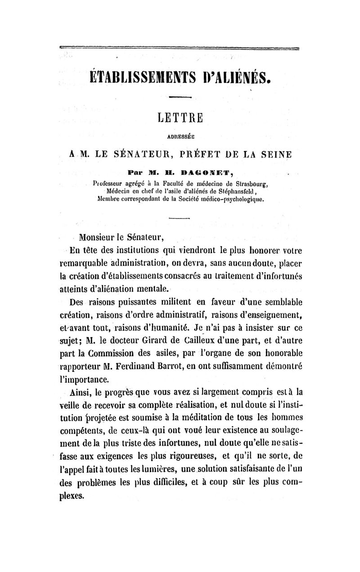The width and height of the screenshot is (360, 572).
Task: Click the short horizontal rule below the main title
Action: coord(180,96)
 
